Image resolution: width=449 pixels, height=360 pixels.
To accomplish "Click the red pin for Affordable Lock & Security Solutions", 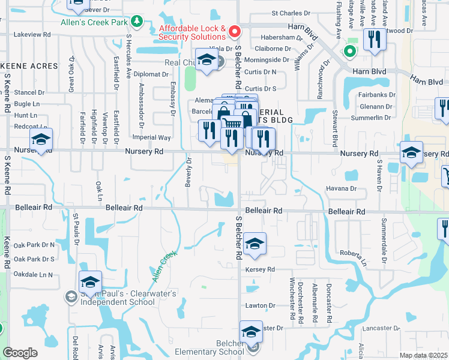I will click(x=235, y=31).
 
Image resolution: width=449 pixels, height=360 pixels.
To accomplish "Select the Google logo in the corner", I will click(x=20, y=353).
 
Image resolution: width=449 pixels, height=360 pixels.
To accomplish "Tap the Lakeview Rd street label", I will click(x=29, y=35).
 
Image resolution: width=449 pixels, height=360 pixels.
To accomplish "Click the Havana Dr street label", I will click(x=345, y=188).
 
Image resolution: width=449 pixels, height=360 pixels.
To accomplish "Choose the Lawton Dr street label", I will click(x=260, y=305).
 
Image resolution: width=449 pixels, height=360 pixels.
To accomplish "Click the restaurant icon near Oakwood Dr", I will click(x=375, y=40).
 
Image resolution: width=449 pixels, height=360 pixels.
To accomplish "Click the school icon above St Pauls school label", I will click(x=90, y=282).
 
